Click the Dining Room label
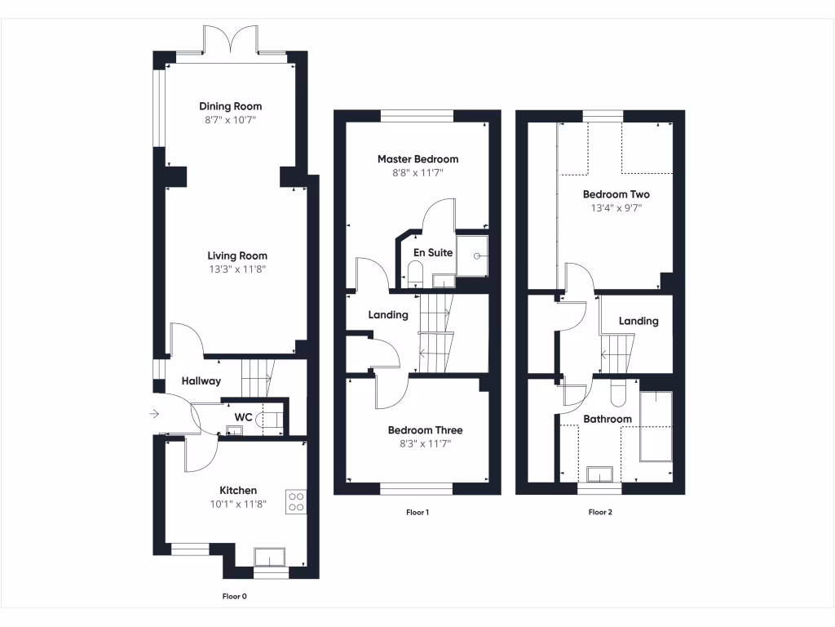(231, 106)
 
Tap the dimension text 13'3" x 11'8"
(236, 269)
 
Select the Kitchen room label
(238, 490)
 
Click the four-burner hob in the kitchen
(295, 501)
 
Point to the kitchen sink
(269, 557)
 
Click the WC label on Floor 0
(243, 417)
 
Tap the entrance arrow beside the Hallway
(154, 414)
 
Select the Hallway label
(201, 380)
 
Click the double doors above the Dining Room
(231, 39)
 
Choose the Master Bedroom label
(417, 159)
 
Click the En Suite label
(433, 253)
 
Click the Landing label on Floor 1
(388, 314)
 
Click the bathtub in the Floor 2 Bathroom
(656, 425)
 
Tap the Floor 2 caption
(600, 513)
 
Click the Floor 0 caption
(235, 596)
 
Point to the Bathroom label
(607, 419)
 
